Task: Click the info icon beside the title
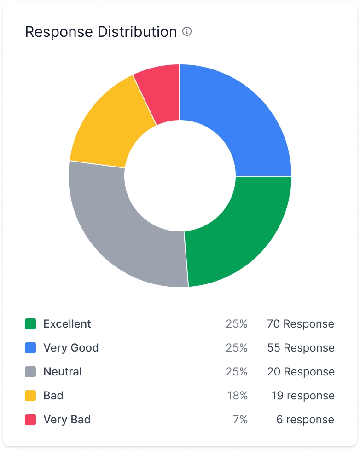click(187, 32)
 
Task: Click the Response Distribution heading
click(101, 32)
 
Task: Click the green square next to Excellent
click(30, 324)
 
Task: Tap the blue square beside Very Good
click(30, 348)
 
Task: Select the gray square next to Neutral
click(30, 372)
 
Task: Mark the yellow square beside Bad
click(30, 396)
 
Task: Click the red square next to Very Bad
click(30, 420)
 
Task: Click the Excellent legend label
click(67, 324)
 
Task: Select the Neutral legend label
click(63, 372)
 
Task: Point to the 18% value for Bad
click(238, 396)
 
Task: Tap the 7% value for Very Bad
click(241, 420)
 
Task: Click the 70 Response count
click(301, 324)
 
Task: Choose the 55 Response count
click(301, 348)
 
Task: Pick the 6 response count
click(305, 420)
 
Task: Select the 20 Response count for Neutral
click(301, 372)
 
